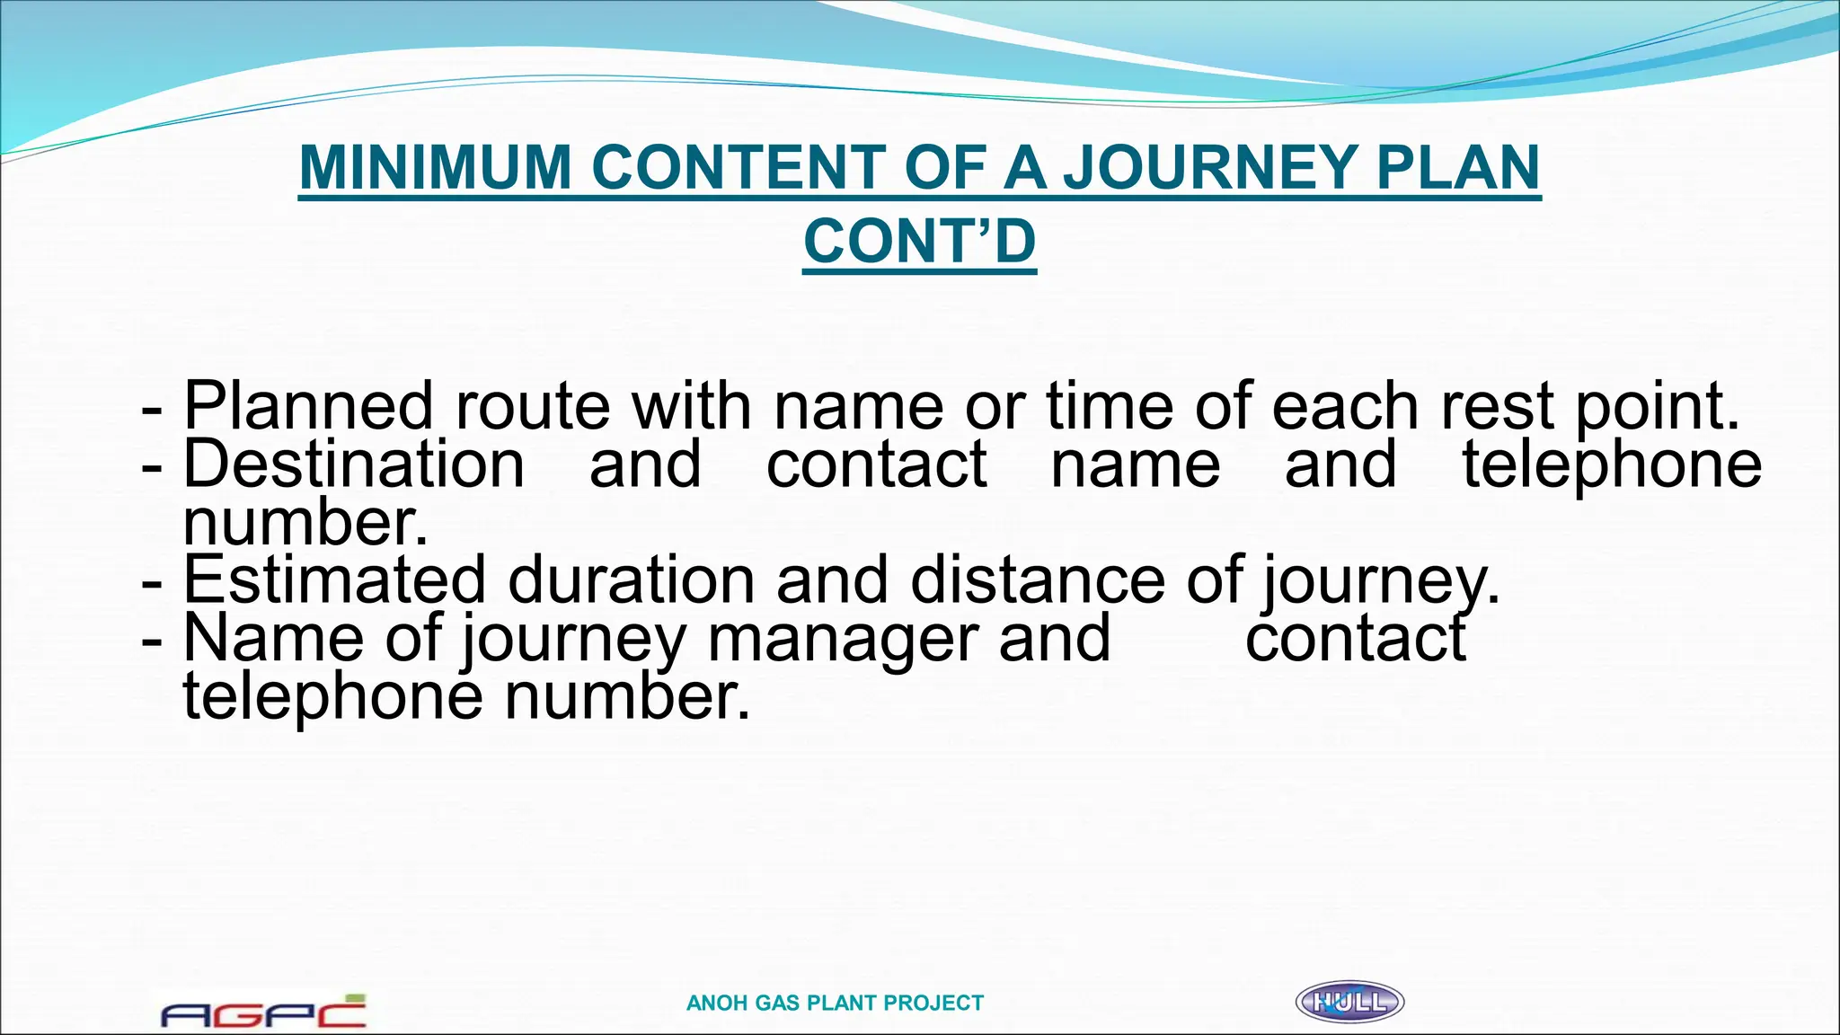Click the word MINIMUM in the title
point(435,167)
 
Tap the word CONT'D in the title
point(919,242)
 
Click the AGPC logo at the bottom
point(263,1012)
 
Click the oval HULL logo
point(1349,1002)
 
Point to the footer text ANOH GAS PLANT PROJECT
point(835,1003)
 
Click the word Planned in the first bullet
point(308,406)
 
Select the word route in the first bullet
point(532,406)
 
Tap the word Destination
point(354,464)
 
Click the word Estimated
point(334,579)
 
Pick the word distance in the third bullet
point(1037,579)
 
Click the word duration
point(631,579)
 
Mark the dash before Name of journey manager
point(152,639)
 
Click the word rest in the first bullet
point(1497,406)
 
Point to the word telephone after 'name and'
point(1612,464)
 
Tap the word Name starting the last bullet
point(273,639)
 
